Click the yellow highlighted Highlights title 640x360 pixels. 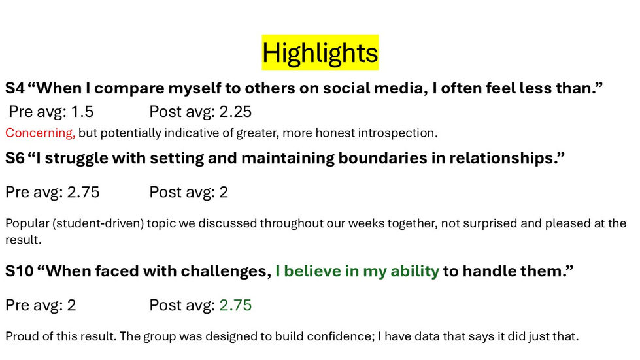pos(320,52)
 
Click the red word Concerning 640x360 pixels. pos(40,133)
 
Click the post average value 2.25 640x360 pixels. pos(235,112)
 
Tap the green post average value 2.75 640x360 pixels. pos(235,305)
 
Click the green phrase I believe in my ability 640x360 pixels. pos(357,271)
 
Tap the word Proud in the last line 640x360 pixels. pos(20,337)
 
